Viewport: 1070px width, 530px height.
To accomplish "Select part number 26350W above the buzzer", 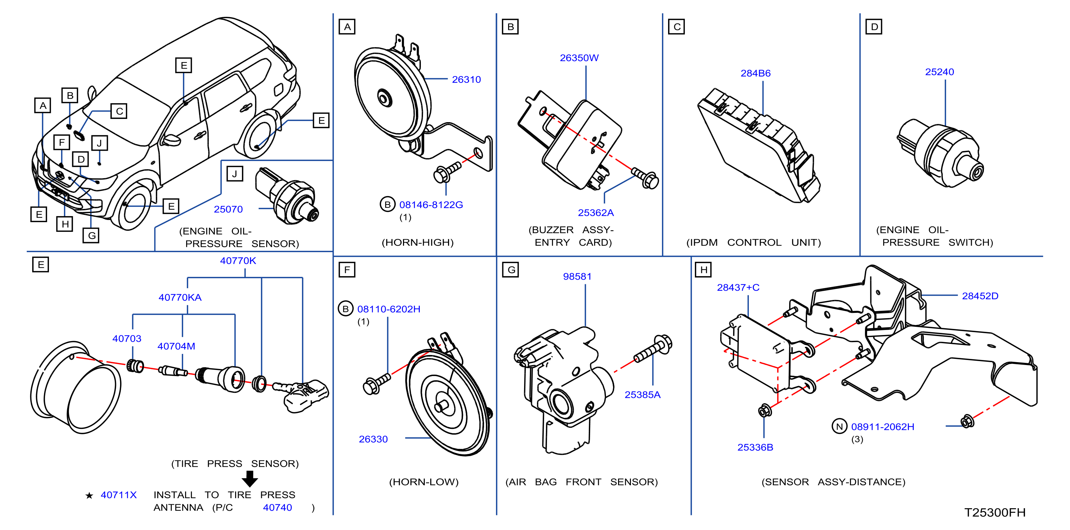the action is pos(579,58).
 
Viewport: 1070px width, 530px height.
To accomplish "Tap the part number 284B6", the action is pos(755,73).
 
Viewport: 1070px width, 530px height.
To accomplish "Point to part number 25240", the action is pos(939,72).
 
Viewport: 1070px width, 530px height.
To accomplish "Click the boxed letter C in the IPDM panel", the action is pos(676,27).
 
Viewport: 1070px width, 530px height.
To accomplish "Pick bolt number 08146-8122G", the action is pos(431,205).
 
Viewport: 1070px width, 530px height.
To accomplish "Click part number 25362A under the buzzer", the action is pos(596,212).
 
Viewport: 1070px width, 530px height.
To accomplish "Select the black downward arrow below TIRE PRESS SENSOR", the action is pos(250,479).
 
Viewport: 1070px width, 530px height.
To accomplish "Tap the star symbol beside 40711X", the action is pos(89,495).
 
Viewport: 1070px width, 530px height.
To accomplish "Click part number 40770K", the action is pos(238,260).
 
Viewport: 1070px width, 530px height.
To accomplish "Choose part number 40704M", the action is pos(176,346).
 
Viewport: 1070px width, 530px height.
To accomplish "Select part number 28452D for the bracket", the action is pos(980,296).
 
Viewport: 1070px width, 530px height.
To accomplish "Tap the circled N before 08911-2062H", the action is pos(839,426).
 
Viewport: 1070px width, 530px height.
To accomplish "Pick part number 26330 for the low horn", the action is pos(373,439).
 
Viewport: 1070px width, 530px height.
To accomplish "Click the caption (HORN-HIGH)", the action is pos(417,242).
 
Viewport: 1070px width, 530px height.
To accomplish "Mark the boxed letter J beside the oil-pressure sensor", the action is pos(235,174).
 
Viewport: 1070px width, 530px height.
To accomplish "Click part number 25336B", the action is pos(755,447).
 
